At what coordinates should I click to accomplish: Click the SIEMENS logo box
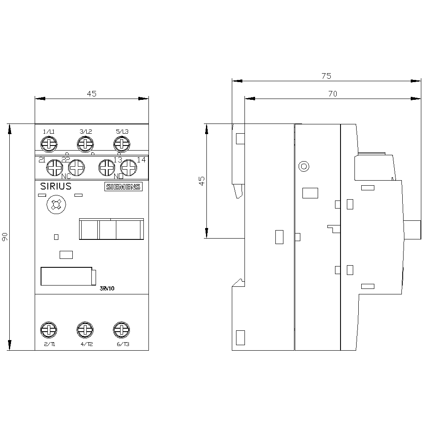[x=123, y=187]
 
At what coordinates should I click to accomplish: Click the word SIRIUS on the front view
[x=55, y=187]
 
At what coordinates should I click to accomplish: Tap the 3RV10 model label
[x=107, y=288]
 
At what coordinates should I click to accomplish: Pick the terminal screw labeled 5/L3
[x=121, y=145]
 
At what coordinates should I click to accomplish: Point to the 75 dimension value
[x=326, y=76]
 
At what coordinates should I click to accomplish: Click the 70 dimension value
[x=332, y=94]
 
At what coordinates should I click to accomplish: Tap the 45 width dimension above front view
[x=91, y=94]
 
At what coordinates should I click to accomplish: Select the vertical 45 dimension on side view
[x=202, y=181]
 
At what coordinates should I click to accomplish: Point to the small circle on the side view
[x=303, y=166]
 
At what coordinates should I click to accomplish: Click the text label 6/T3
[x=122, y=344]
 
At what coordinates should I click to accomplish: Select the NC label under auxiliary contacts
[x=66, y=176]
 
